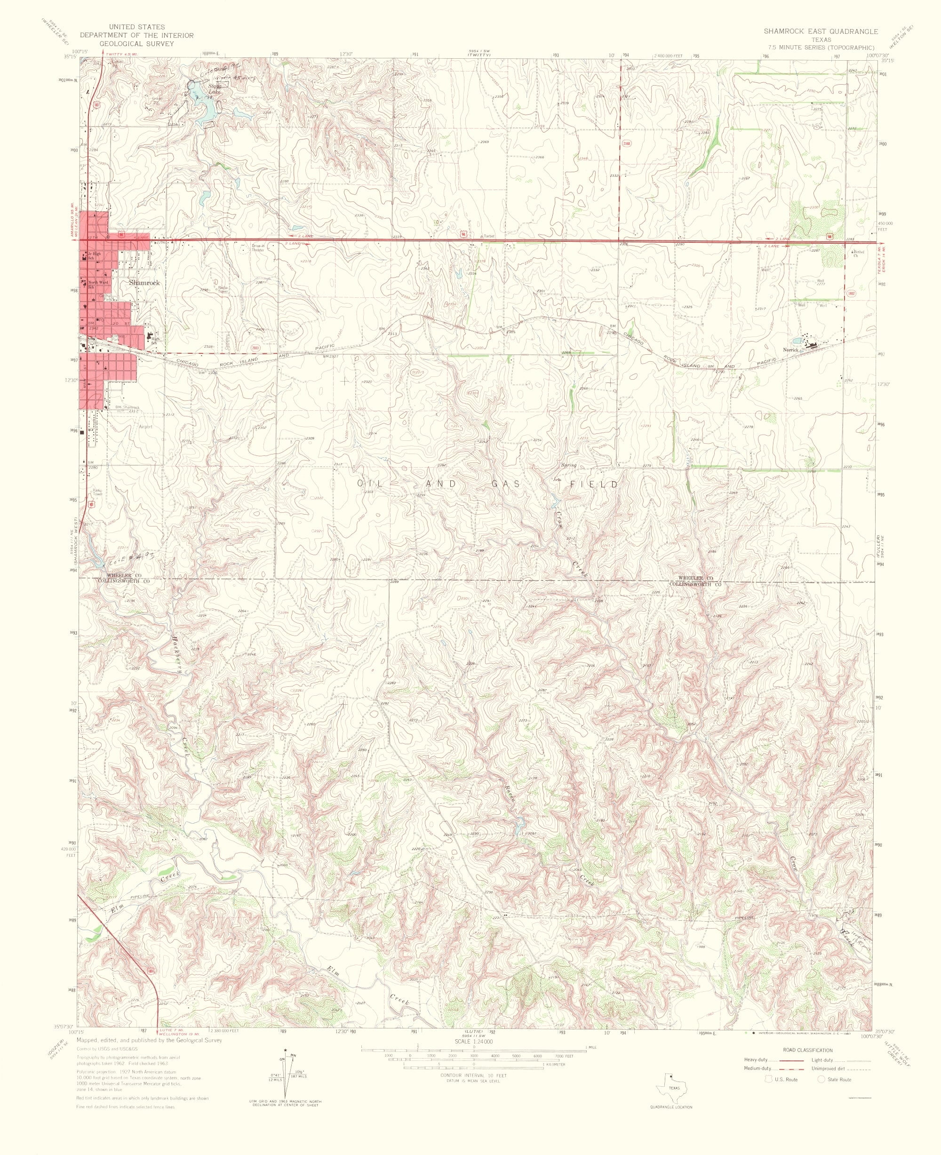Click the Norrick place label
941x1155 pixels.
tap(792, 350)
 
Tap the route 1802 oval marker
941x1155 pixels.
tap(849, 293)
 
